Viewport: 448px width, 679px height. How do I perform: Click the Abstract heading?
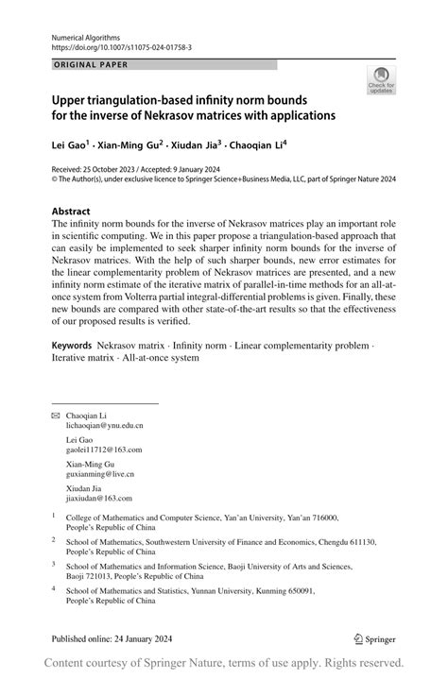click(71, 212)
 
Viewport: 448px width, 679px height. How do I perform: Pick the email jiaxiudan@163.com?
click(99, 498)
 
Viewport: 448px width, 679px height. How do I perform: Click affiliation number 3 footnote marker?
click(54, 564)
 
